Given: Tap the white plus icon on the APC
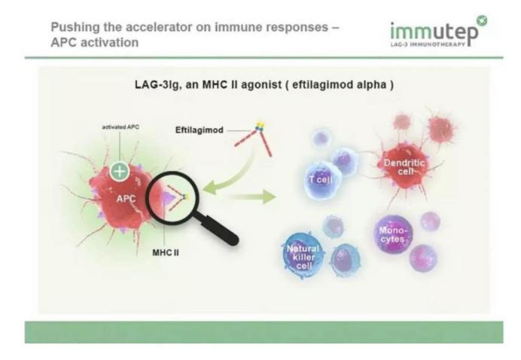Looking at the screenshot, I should pos(118,170).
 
